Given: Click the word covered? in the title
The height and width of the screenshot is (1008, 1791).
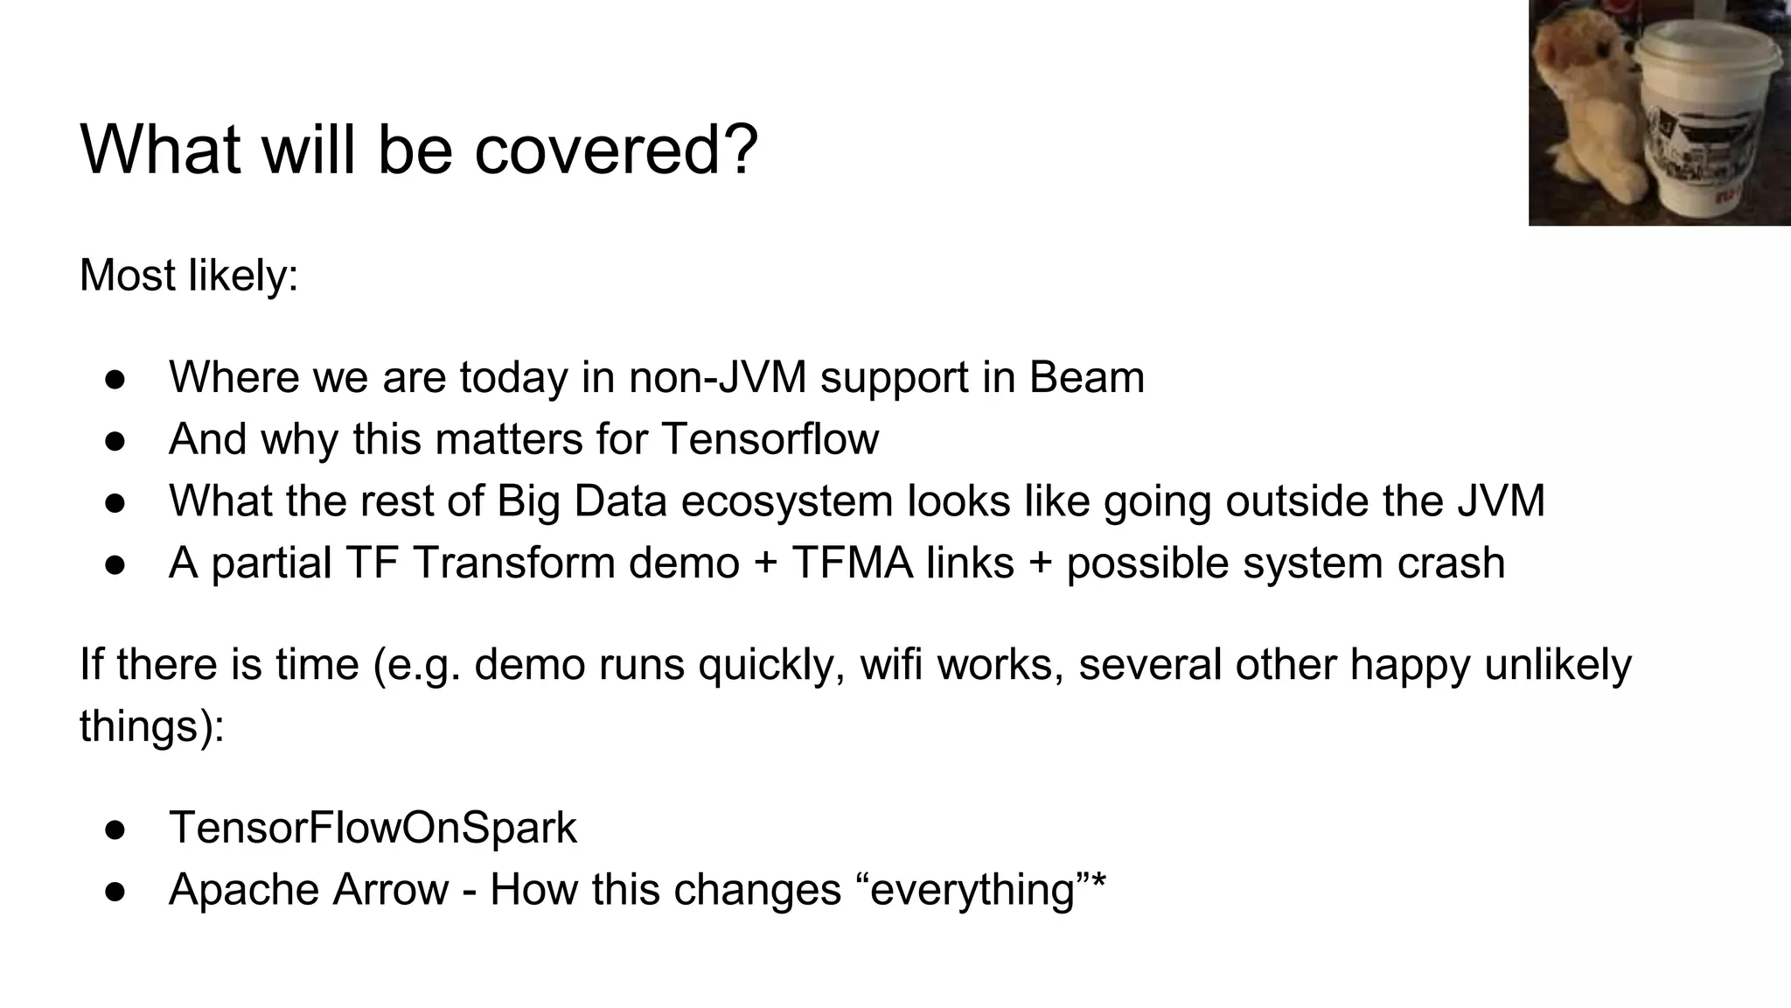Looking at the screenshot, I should pyautogui.click(x=616, y=150).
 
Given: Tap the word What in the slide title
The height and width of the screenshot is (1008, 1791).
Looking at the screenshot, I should pyautogui.click(x=160, y=150).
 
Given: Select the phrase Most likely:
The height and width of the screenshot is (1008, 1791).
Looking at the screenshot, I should pyautogui.click(x=189, y=276).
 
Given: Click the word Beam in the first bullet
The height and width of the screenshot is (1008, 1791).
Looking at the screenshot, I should pyautogui.click(x=1086, y=377).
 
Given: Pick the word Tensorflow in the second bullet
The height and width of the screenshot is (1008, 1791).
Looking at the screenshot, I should pyautogui.click(x=770, y=438).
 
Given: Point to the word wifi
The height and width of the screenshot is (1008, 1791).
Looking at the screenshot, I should pyautogui.click(x=891, y=664).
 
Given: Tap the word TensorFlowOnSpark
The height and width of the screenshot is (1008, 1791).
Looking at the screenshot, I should pyautogui.click(x=373, y=828).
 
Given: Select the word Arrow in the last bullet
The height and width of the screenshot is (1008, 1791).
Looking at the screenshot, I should pyautogui.click(x=390, y=890).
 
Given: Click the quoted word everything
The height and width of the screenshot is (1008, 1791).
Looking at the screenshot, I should pyautogui.click(x=972, y=891).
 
